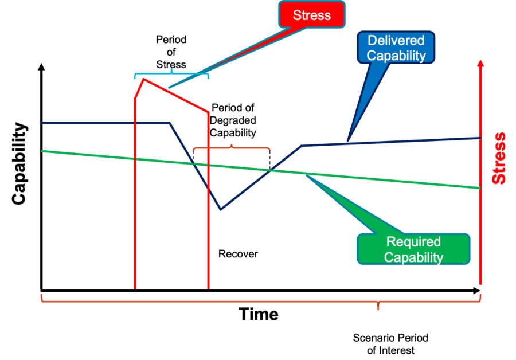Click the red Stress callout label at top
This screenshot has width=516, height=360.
pos(312,15)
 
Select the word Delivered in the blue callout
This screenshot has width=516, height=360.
pos(396,41)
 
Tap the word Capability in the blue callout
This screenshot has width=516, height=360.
pos(396,56)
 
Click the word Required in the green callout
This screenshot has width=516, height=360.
pos(413,242)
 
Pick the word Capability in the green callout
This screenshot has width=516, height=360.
pos(413,257)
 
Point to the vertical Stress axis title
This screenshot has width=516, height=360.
pos(499,158)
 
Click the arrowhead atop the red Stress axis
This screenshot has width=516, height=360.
pos(480,62)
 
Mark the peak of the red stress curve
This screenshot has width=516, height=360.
pos(144,79)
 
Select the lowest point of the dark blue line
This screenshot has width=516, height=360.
pos(220,210)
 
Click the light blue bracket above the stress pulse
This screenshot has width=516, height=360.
pos(171,74)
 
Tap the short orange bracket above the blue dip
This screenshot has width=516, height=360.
pos(232,148)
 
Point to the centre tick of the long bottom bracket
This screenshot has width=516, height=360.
pos(377,306)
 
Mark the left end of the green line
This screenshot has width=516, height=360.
pos(43,151)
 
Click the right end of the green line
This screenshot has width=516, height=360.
pos(479,187)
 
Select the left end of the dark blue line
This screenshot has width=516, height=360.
pos(42,123)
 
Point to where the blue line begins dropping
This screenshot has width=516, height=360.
pos(169,123)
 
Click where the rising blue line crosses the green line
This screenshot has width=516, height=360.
pos(271,170)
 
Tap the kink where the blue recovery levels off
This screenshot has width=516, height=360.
pos(303,146)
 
